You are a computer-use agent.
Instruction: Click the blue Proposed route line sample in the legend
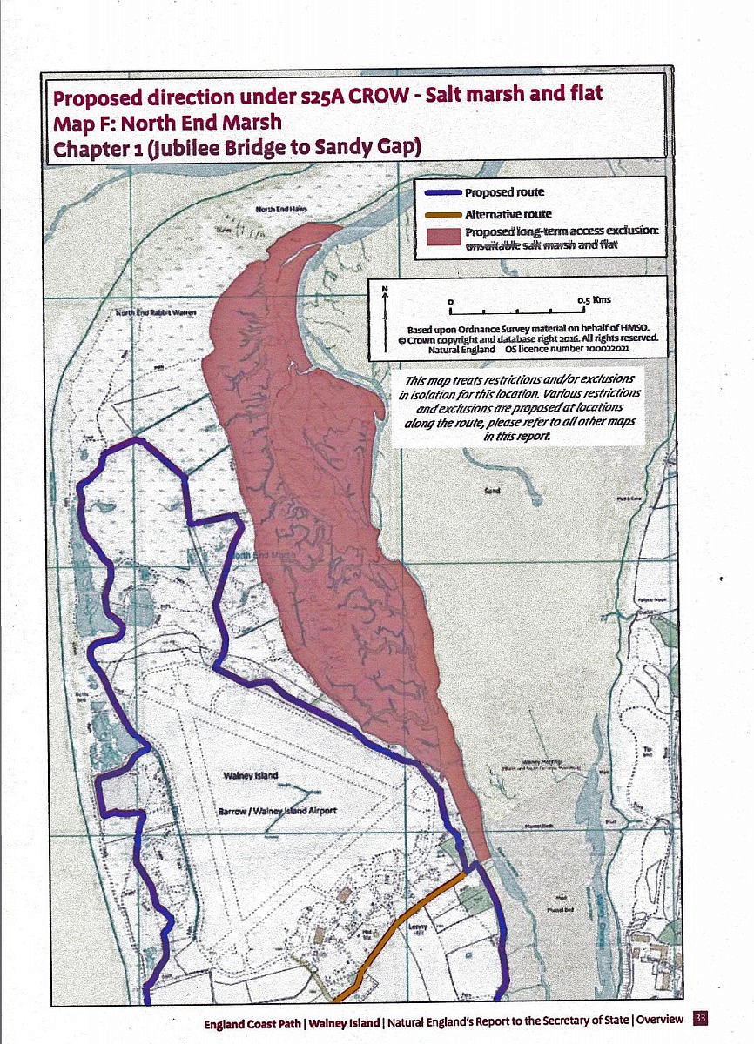pyautogui.click(x=443, y=192)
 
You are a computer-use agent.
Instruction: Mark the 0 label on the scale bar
pyautogui.click(x=451, y=300)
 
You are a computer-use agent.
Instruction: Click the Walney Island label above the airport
pyautogui.click(x=251, y=774)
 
